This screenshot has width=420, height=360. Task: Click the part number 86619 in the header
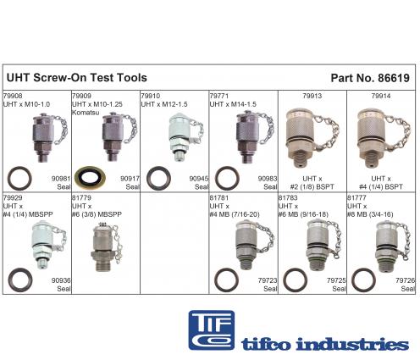[x=394, y=78]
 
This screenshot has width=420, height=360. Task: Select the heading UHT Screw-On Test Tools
[x=77, y=78]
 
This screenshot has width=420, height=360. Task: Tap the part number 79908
[x=13, y=96]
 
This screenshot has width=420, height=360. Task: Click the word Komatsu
[x=86, y=113]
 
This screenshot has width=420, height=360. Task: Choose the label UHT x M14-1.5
[x=233, y=104]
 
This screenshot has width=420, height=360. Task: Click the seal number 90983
[x=268, y=179]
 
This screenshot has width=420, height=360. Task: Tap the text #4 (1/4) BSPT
[x=381, y=186]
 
